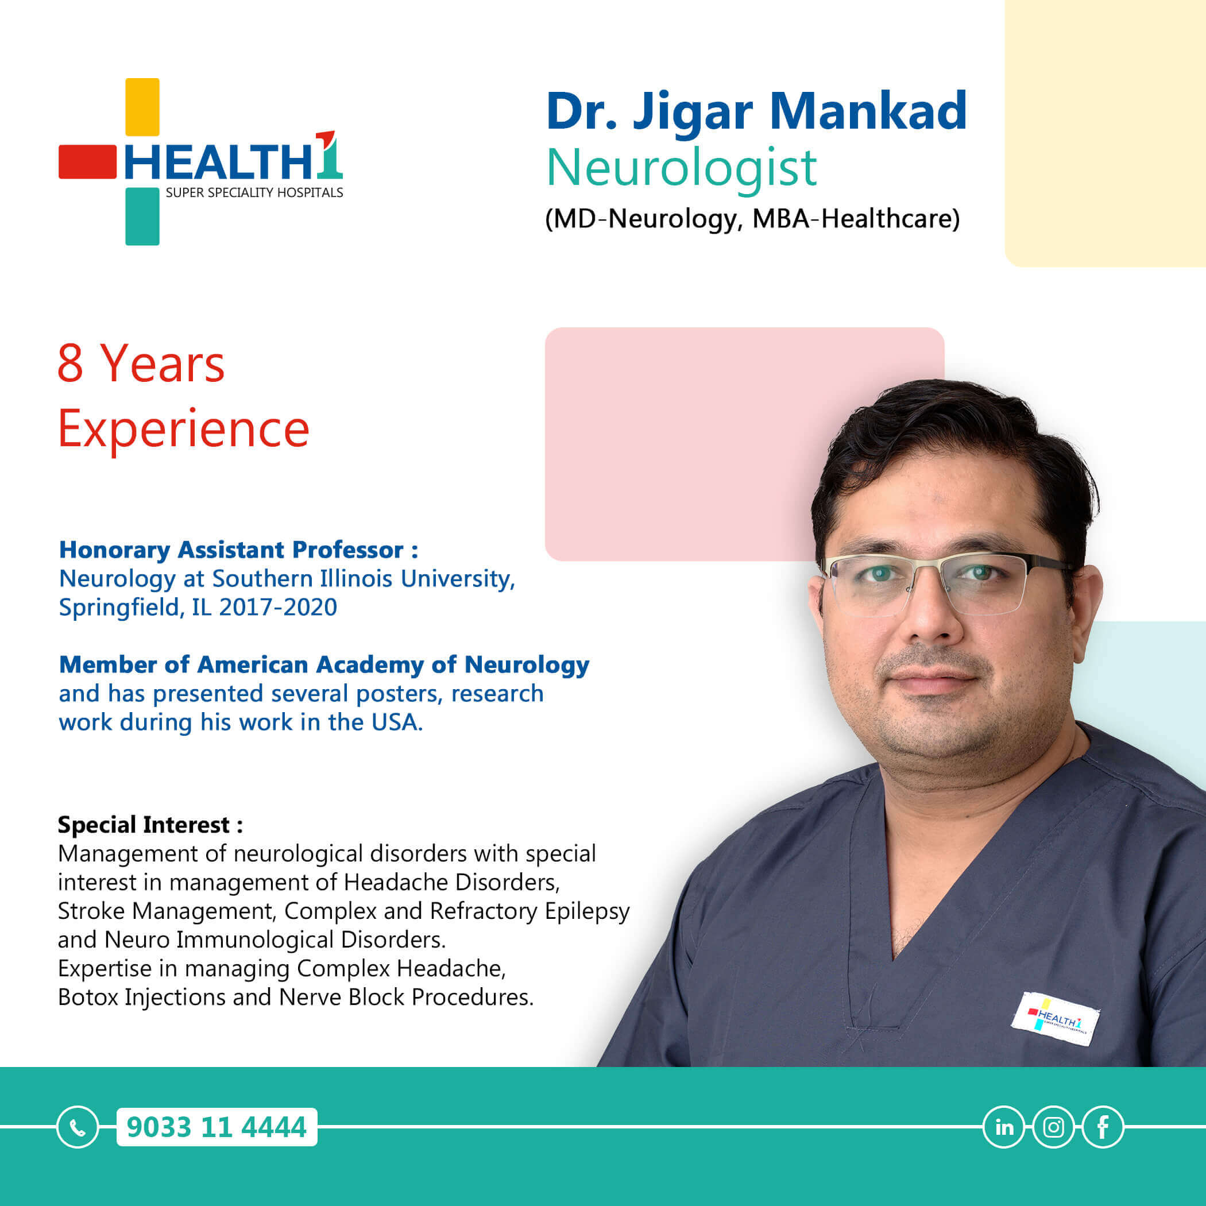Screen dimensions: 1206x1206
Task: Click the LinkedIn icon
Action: [1004, 1127]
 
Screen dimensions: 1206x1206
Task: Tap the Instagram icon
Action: [1054, 1127]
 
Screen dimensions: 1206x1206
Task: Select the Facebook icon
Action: [1103, 1127]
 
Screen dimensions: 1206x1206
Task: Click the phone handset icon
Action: [78, 1127]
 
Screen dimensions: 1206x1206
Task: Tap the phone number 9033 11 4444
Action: [217, 1127]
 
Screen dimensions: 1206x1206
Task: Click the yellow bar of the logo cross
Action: [142, 107]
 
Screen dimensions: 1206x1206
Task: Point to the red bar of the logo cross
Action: [87, 163]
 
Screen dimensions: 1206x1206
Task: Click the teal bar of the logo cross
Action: [142, 216]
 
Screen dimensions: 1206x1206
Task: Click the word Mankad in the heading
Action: [868, 111]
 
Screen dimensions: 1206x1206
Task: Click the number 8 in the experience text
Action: [71, 364]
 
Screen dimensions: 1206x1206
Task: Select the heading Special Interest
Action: [150, 825]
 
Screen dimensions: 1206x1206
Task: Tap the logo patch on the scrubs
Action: [1055, 1019]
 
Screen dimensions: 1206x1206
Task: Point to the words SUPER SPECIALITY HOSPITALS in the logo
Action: [254, 193]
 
